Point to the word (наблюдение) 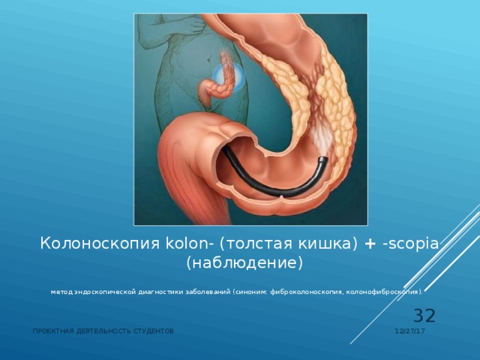tap(244, 263)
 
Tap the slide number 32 tap(424, 316)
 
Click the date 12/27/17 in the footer tap(411, 331)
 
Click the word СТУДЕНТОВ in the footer tap(154, 331)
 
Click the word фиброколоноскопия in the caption tap(302, 291)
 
